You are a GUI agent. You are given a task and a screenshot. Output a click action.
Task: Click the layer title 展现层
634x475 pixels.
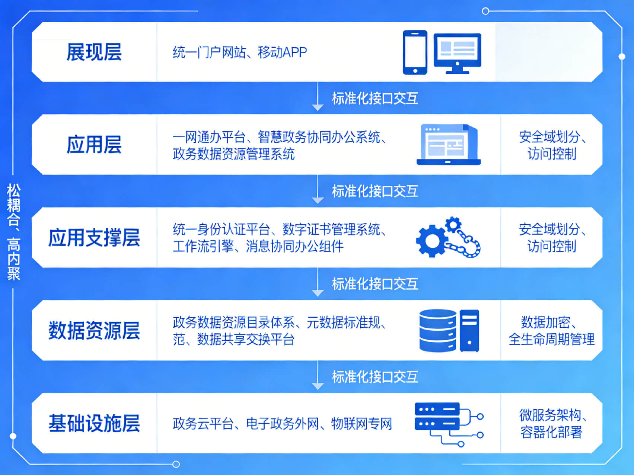coord(94,52)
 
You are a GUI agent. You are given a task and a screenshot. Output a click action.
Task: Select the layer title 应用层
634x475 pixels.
coord(94,144)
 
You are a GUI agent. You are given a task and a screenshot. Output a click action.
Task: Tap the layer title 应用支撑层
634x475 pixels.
coord(94,237)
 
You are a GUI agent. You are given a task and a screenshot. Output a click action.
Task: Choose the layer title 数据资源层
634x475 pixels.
coord(94,330)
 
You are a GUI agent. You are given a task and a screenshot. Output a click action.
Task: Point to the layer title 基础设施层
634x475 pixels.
coord(94,423)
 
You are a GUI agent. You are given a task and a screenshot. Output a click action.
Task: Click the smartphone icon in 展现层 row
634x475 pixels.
coord(415,52)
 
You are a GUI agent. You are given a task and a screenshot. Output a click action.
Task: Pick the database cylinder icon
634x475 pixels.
coord(438,331)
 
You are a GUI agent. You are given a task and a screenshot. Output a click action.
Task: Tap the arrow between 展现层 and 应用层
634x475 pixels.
coord(318,97)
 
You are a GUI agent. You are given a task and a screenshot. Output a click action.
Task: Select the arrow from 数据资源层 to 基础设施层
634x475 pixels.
coord(318,376)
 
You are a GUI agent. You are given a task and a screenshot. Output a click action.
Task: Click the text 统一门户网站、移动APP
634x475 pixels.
coord(239,52)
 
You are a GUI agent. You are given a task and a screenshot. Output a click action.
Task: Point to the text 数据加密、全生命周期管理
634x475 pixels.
coord(551,331)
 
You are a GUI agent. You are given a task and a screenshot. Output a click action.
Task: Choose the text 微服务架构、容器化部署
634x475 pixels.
coord(551,423)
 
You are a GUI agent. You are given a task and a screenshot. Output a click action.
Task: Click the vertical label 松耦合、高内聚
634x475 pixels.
coord(14,232)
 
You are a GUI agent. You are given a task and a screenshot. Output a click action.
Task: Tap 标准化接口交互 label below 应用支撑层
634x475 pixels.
coord(375,284)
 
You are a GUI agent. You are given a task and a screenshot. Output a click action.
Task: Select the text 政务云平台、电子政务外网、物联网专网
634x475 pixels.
coord(282,424)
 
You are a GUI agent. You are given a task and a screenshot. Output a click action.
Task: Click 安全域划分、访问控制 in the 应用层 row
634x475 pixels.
coord(551,145)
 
